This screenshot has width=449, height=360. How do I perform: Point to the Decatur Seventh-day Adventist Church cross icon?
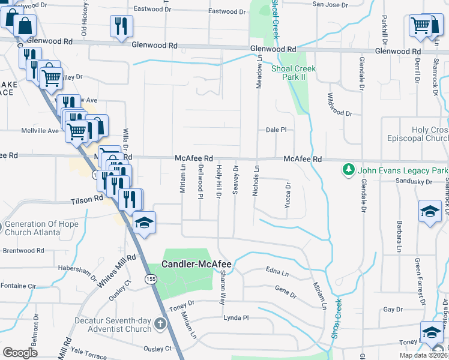point(160,324)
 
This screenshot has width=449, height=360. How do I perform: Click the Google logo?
point(20,353)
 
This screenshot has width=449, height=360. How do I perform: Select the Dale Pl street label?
point(276,130)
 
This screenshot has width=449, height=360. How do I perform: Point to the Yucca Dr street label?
point(288,196)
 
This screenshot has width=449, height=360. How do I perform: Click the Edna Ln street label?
point(277,272)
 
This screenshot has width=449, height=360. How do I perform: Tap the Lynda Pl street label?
point(236,318)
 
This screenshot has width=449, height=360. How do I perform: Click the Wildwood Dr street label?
point(339,105)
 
